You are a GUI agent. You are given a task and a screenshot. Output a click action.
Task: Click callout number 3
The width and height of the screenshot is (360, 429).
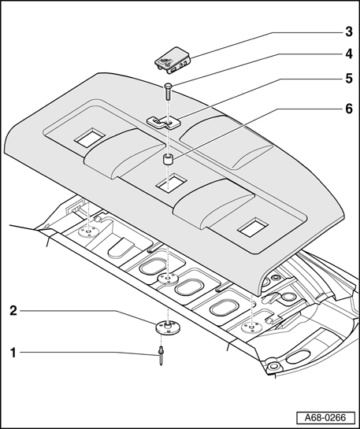tap(349, 31)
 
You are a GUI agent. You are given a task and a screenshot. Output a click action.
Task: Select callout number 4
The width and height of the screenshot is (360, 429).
tap(349, 54)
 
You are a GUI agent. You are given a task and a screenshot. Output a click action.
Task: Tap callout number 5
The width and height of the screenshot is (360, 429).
tap(349, 79)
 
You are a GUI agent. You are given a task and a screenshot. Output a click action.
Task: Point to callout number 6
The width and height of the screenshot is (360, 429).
tap(349, 109)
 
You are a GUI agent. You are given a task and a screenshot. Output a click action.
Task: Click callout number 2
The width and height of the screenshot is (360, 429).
tap(13, 310)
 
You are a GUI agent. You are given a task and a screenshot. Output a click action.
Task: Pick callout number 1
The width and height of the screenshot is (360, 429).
tap(13, 353)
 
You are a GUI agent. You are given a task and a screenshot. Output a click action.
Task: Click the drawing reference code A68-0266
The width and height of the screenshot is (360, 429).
tap(325, 418)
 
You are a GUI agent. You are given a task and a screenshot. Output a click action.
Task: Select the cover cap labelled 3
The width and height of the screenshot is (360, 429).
tap(173, 61)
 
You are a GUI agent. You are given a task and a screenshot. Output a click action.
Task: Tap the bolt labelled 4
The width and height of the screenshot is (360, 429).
tap(168, 91)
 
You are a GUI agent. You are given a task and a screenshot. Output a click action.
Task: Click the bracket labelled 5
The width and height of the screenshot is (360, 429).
tap(164, 122)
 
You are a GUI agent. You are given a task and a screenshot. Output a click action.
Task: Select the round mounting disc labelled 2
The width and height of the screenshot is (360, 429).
tap(168, 327)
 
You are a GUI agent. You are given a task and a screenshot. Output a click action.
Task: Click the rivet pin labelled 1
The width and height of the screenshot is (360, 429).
tap(161, 356)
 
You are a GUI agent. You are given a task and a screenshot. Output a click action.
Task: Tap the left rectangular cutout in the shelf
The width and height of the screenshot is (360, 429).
tap(90, 138)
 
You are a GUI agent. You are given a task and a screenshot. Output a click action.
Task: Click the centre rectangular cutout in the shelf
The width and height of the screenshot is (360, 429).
tap(172, 183)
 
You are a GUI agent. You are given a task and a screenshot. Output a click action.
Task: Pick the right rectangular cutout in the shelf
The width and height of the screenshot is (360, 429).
tap(253, 227)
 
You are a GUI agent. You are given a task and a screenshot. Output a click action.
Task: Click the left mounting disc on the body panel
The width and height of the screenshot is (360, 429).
tap(88, 232)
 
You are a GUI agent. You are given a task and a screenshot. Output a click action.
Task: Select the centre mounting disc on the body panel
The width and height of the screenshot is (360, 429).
tap(168, 279)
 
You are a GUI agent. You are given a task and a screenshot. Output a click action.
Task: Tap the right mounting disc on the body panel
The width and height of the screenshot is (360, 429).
tap(251, 327)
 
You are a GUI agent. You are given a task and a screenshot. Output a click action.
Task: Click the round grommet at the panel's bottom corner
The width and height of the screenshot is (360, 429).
tap(273, 366)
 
